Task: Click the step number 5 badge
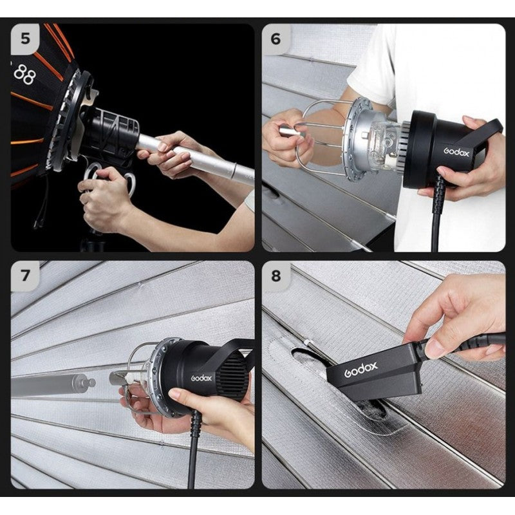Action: coord(25,38)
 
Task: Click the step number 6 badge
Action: coord(276,38)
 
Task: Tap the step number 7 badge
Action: coord(25,276)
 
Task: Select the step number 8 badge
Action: coord(276,276)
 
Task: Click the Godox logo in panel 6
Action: coord(456,151)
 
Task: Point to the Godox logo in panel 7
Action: coord(201,378)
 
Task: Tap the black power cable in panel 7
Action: coord(194,451)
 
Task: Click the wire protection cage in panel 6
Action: coord(322,135)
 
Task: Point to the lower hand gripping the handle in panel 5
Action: coord(103,200)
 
